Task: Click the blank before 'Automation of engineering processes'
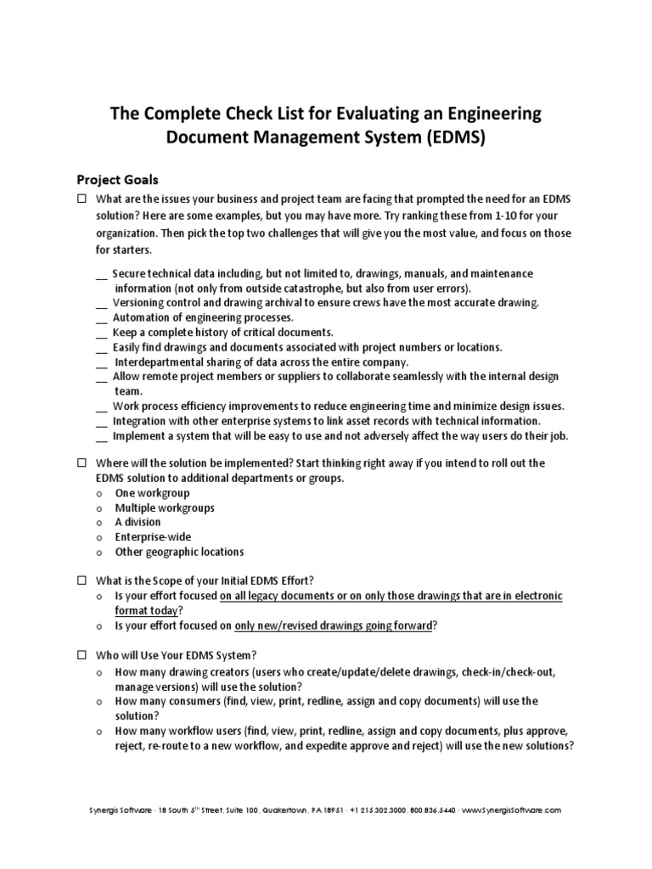(102, 319)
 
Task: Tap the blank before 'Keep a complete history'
(102, 334)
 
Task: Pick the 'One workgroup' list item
(152, 493)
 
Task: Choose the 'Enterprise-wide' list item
(153, 536)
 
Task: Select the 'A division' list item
(138, 522)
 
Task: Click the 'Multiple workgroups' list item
(165, 507)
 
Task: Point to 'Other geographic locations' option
(179, 552)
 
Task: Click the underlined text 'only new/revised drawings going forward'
(335, 625)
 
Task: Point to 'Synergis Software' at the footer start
(115, 810)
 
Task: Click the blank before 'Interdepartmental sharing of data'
(102, 363)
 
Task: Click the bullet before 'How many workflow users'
(99, 732)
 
